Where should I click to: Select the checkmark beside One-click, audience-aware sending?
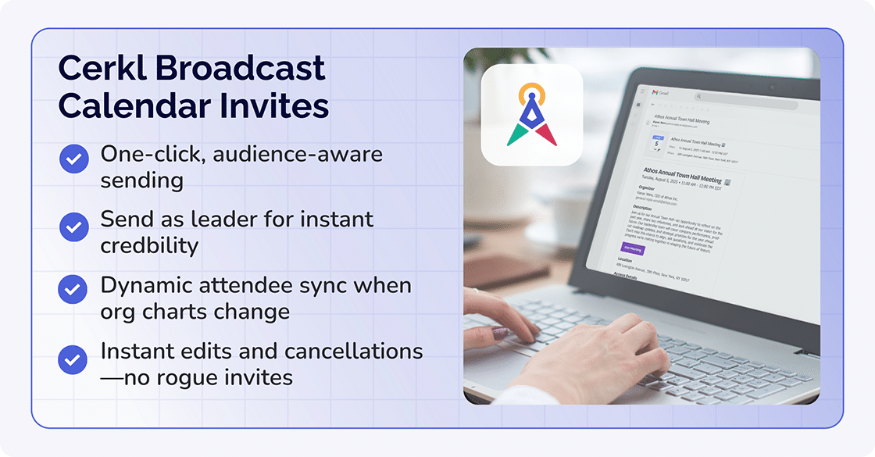pyautogui.click(x=73, y=160)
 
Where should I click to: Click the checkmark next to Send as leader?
pyautogui.click(x=73, y=227)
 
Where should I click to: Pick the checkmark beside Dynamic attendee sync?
pyautogui.click(x=73, y=290)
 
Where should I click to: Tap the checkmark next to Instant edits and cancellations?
pyautogui.click(x=73, y=359)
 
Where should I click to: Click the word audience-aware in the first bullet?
pyautogui.click(x=298, y=154)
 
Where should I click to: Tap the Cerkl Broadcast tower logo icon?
pyautogui.click(x=531, y=115)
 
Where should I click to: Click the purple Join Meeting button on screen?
pyautogui.click(x=632, y=250)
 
